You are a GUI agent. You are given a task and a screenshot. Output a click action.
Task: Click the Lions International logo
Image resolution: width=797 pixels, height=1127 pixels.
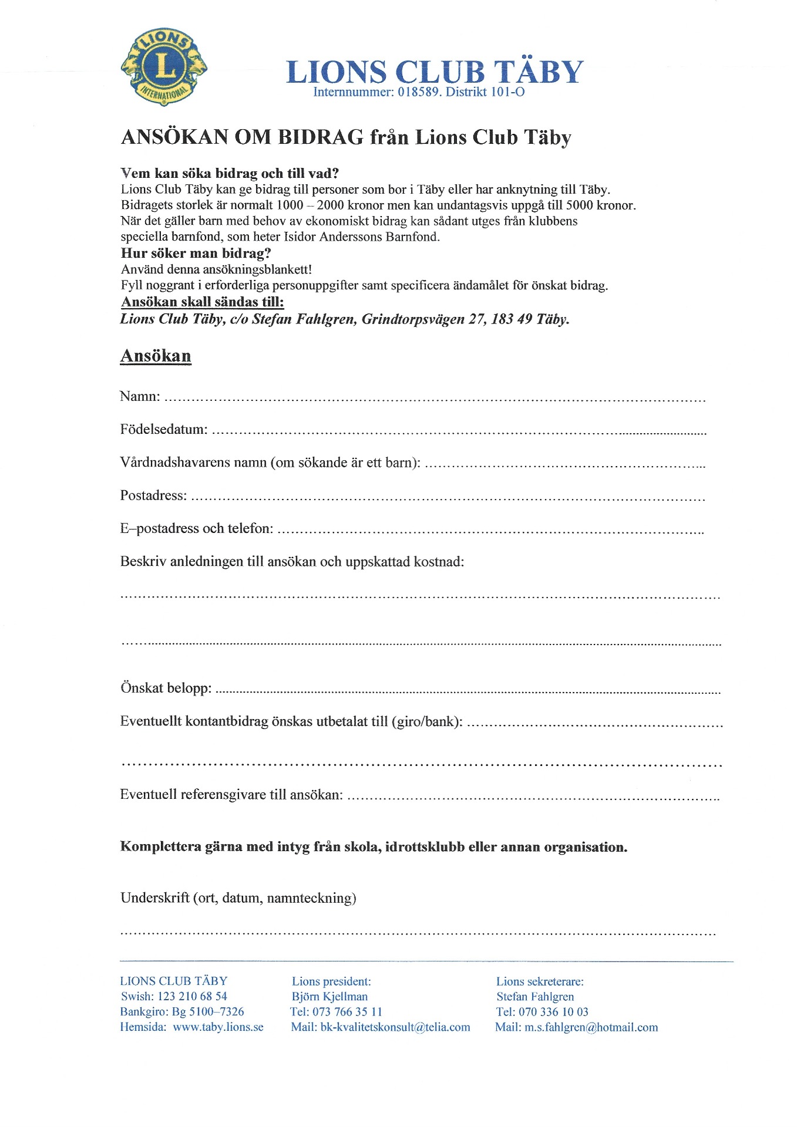(x=164, y=66)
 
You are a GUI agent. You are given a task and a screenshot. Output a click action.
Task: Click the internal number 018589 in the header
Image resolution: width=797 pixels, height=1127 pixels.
(x=419, y=92)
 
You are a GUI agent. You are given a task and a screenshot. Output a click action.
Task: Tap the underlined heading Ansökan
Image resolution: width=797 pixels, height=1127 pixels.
(x=156, y=356)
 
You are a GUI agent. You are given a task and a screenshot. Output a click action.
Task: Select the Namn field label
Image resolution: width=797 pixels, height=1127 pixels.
(x=140, y=396)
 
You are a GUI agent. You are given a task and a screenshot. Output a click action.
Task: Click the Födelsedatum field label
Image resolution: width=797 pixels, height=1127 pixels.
(x=164, y=429)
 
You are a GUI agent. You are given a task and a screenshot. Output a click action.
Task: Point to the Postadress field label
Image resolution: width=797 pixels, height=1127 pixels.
(x=153, y=495)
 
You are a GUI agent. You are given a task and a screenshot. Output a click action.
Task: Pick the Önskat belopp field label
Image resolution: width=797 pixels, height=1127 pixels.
(x=166, y=687)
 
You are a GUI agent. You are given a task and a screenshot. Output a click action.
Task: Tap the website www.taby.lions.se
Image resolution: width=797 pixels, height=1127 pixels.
(x=218, y=1027)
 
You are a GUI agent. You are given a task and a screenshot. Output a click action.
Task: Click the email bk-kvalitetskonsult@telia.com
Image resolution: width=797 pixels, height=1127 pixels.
(x=395, y=1027)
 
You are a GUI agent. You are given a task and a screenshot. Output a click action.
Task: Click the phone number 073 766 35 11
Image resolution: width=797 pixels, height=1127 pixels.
(x=347, y=1012)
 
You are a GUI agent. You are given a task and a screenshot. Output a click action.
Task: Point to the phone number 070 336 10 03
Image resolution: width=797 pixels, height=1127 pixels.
(x=553, y=1012)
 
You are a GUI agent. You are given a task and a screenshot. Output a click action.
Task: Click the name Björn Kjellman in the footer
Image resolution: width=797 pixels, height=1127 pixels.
(x=330, y=996)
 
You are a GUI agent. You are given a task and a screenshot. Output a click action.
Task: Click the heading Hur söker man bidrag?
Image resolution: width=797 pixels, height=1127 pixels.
(x=196, y=254)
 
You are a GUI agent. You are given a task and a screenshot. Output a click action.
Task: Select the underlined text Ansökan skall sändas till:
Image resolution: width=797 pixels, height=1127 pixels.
(x=203, y=302)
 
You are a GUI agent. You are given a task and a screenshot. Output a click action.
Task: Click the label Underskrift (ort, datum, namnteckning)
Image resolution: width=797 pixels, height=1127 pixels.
(x=238, y=897)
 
